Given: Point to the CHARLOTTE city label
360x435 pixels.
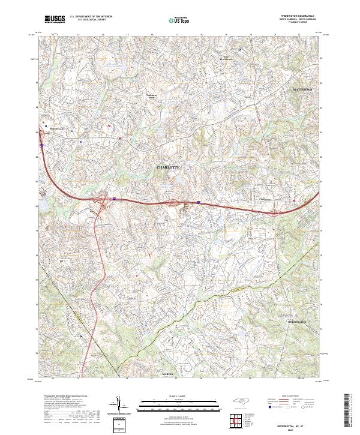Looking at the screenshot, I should coord(168,167).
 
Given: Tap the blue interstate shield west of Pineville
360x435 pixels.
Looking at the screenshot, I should coord(42,145).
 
